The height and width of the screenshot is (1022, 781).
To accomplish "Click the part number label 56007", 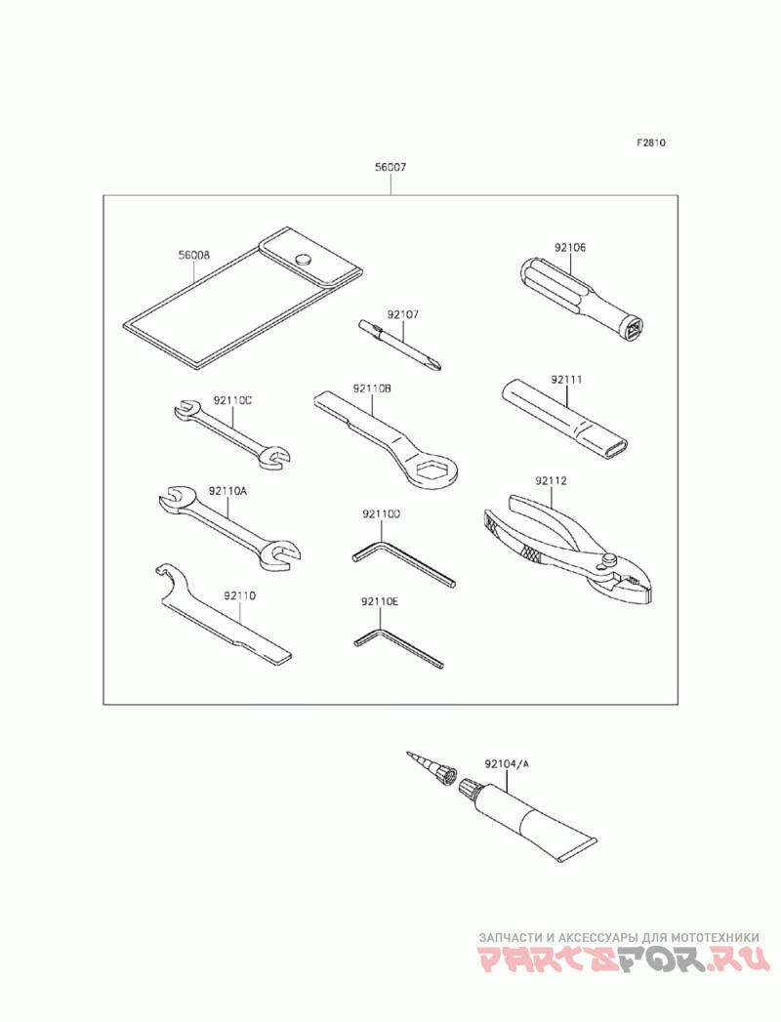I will tap(390, 168).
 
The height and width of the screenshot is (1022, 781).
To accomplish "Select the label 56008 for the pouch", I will tap(193, 256).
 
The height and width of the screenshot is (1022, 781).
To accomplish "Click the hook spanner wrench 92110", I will tap(224, 616).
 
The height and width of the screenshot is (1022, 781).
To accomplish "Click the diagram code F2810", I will tap(651, 143).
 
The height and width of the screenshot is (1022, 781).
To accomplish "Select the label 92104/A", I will tap(505, 764).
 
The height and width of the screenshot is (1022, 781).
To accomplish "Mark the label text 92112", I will tap(551, 481).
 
